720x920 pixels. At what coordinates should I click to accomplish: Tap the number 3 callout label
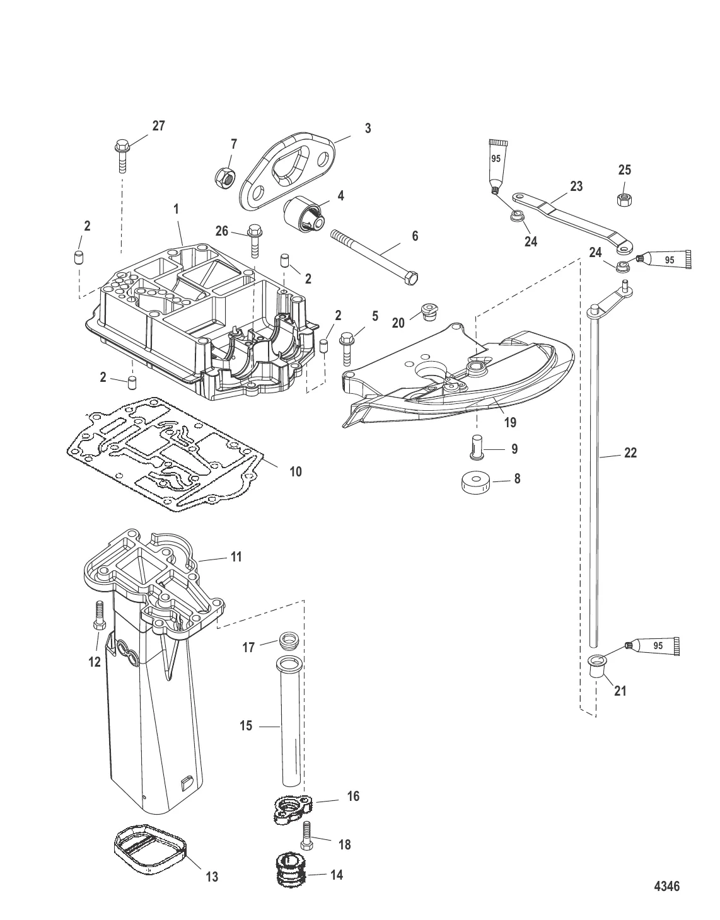[x=368, y=129]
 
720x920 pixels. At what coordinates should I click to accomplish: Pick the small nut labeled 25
[x=624, y=198]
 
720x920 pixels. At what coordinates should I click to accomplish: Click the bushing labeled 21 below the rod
[x=595, y=667]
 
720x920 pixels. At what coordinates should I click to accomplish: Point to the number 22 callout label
[x=630, y=452]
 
